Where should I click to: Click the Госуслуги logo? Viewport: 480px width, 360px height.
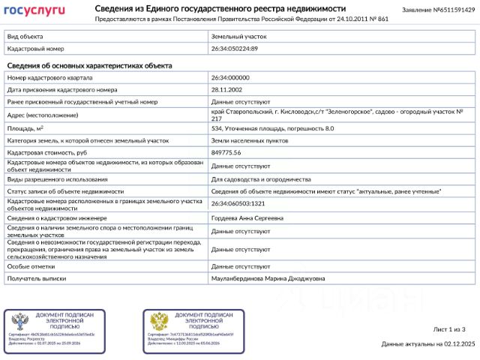point(34,10)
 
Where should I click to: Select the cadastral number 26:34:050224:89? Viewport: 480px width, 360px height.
point(234,48)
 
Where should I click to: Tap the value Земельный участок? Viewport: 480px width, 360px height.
point(238,36)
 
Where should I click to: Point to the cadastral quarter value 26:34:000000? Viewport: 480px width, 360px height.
point(230,78)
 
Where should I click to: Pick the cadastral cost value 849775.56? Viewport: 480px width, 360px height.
point(226,152)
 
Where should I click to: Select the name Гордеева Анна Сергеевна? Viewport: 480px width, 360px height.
point(247,218)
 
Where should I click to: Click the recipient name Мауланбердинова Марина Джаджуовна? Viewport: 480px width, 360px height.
point(268,278)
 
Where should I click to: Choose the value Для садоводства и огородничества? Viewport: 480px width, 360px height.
point(261,179)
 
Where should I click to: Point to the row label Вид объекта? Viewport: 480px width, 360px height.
point(25,36)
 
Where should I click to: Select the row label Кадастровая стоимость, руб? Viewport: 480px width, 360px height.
point(47,152)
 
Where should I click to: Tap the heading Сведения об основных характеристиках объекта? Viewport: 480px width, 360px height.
point(89,65)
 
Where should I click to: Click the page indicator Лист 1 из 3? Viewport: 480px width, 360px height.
point(449,329)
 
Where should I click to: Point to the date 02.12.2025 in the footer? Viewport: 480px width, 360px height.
point(460,344)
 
